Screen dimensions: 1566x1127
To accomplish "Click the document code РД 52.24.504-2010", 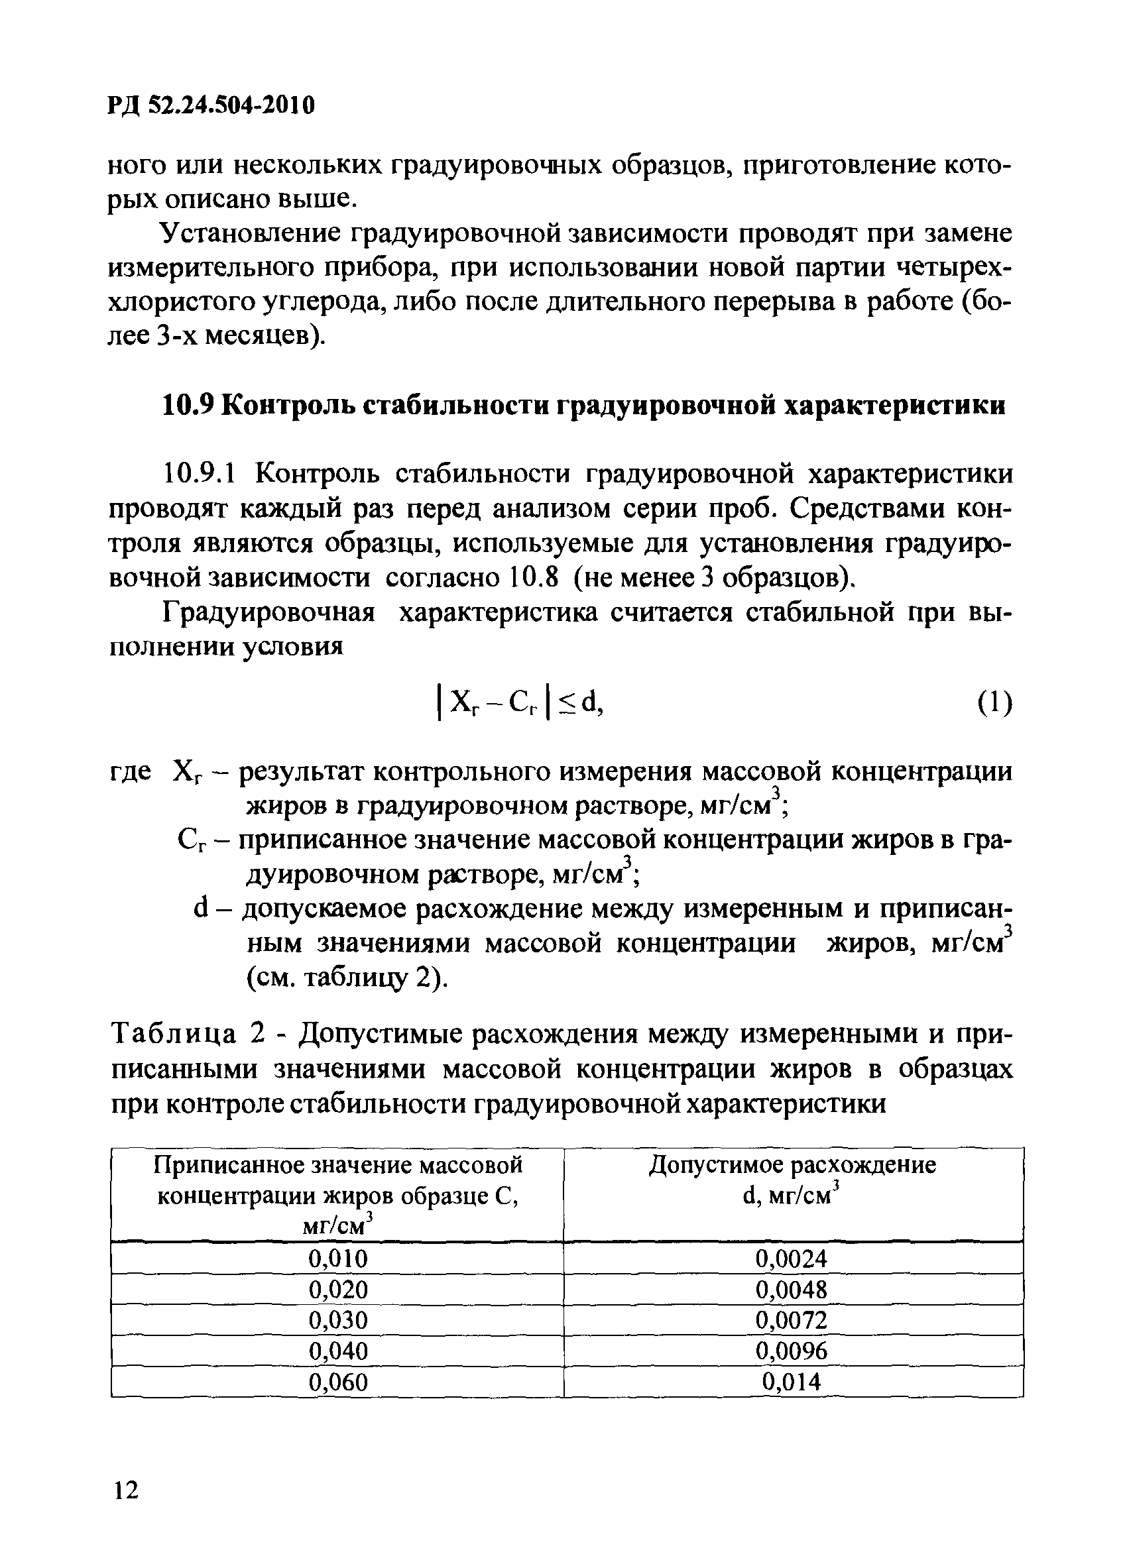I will click(x=211, y=105).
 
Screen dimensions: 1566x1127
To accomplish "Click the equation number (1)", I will click(x=994, y=703).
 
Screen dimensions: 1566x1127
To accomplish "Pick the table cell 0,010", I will click(x=337, y=1258).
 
